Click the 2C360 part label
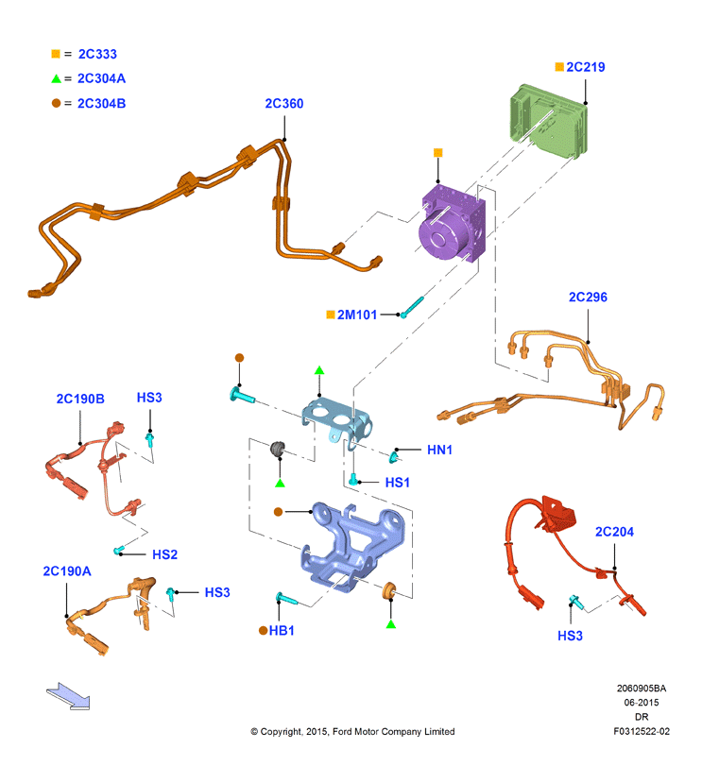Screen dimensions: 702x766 [283, 104]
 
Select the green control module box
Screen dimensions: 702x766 [548, 121]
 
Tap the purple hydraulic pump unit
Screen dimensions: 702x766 [452, 223]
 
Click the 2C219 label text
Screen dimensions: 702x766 [585, 67]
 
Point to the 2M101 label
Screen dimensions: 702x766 [357, 315]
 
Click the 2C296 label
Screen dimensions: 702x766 [588, 297]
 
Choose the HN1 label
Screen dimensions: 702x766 [439, 450]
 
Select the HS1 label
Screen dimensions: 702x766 [397, 483]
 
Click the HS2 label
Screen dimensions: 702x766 [164, 554]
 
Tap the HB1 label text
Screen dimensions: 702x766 [282, 631]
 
